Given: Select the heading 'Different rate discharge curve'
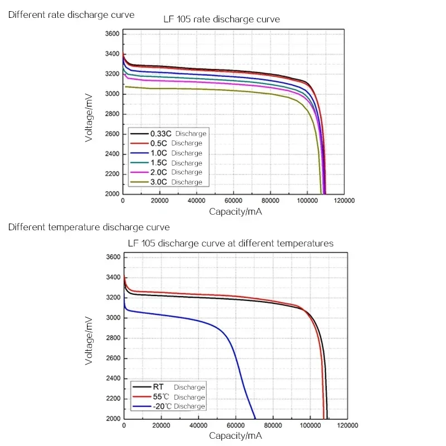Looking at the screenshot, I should click(x=71, y=14).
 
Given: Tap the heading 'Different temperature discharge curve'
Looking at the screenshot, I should click(x=89, y=227).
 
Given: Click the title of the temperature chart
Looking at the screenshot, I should click(x=230, y=243).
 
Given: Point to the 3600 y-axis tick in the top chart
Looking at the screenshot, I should click(x=112, y=34).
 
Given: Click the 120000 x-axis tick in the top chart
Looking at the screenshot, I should click(x=343, y=201).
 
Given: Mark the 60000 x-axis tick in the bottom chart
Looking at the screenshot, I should click(x=235, y=425).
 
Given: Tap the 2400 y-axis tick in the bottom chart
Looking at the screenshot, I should click(x=113, y=379).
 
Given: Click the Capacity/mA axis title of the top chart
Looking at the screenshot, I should click(x=235, y=212).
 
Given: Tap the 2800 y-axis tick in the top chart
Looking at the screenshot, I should click(x=112, y=114).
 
